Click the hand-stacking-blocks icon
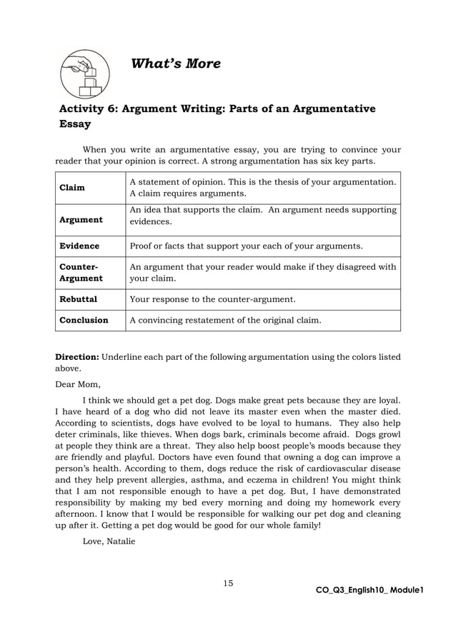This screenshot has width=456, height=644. [84, 74]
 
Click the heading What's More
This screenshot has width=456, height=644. [176, 64]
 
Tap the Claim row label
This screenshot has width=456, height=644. [71, 188]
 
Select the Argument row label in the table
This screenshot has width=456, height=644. [81, 220]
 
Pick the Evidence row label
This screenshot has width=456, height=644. [79, 246]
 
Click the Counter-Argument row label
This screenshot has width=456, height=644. [81, 273]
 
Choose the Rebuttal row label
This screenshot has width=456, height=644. [78, 299]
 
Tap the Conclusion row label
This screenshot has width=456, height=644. [84, 321]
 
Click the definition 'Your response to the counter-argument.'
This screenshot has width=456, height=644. [212, 299]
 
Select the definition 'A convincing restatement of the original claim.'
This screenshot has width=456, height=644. [225, 321]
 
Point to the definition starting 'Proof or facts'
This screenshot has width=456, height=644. [246, 246]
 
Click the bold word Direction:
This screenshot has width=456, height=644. [78, 356]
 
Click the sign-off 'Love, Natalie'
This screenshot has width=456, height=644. [108, 542]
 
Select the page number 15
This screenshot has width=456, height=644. [228, 583]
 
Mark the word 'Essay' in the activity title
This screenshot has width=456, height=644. [75, 124]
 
